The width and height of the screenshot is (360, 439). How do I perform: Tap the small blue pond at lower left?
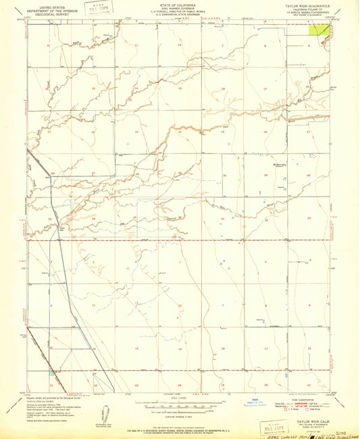(53, 372)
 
